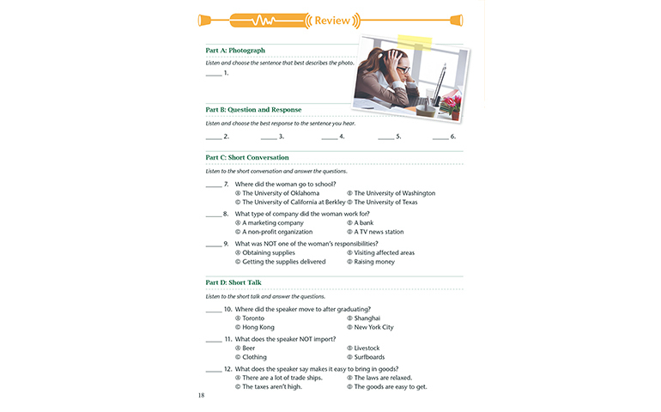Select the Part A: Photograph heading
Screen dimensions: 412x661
click(235, 51)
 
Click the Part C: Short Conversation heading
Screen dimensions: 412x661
click(247, 158)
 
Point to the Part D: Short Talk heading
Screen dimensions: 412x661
click(233, 282)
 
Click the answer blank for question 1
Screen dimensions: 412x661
click(214, 75)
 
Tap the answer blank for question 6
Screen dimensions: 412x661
click(440, 137)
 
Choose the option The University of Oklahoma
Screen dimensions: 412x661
click(280, 193)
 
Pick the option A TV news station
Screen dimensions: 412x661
click(379, 232)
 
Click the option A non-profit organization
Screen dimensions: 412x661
click(276, 232)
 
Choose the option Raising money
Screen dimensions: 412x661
click(373, 262)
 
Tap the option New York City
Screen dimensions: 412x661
click(373, 327)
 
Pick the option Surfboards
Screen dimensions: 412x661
click(369, 357)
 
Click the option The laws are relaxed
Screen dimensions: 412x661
click(382, 378)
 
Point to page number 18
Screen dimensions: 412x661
click(201, 395)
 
